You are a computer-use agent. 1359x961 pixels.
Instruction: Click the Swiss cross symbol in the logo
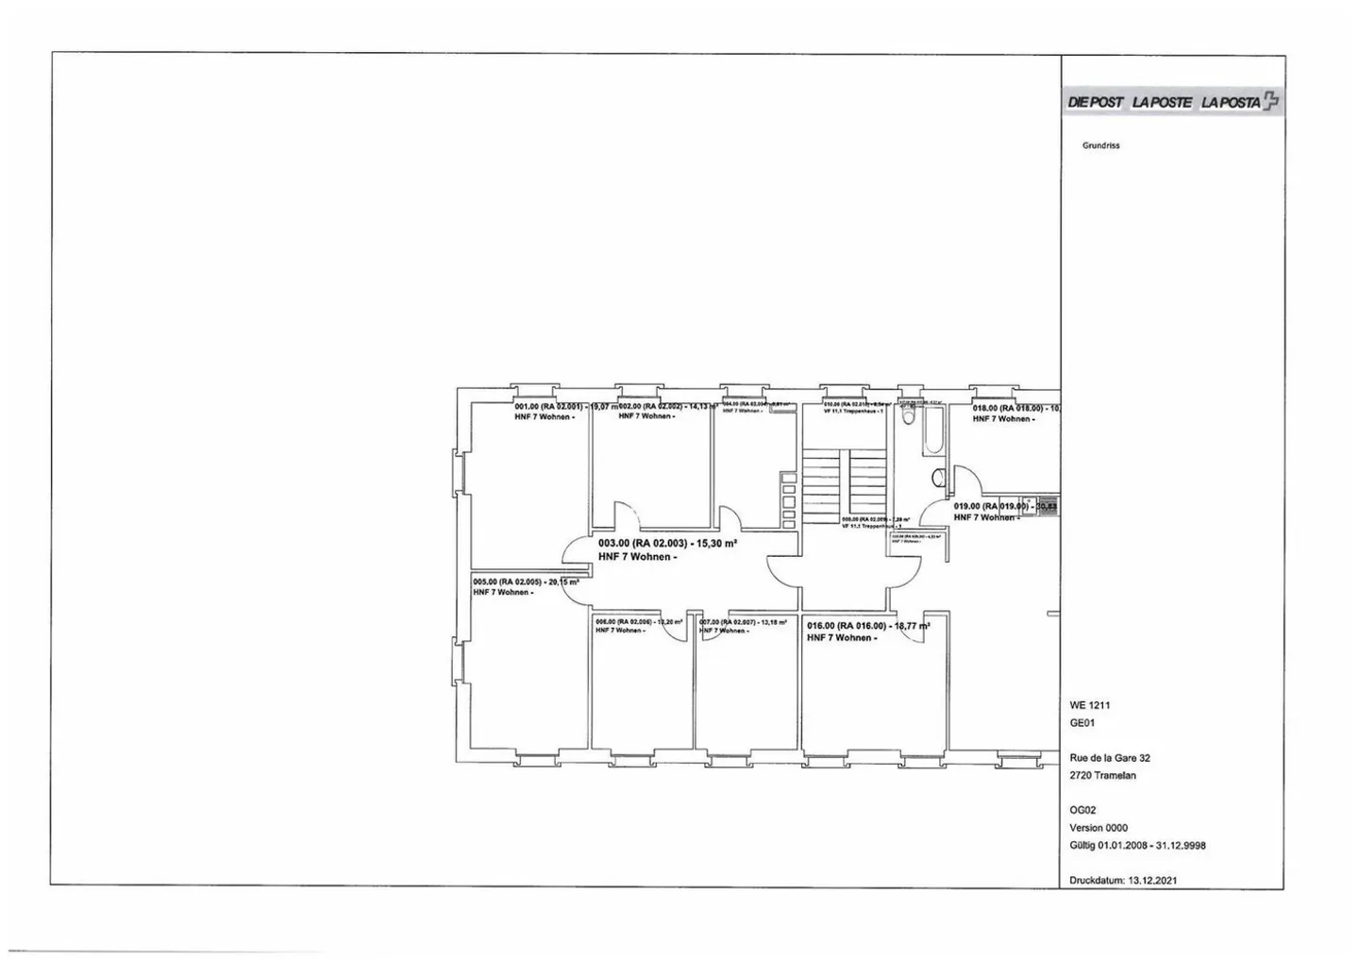pyautogui.click(x=1272, y=101)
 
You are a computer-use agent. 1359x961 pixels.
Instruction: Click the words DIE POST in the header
pyautogui.click(x=1096, y=102)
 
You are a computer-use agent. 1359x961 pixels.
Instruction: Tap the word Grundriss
pyautogui.click(x=1100, y=145)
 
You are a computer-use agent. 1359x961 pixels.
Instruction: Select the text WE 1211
pyautogui.click(x=1090, y=705)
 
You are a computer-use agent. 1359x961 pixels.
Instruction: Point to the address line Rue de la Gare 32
pyautogui.click(x=1110, y=758)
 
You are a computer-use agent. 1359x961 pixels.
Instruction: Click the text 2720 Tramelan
pyautogui.click(x=1103, y=776)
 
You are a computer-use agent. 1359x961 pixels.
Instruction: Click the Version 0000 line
pyautogui.click(x=1099, y=828)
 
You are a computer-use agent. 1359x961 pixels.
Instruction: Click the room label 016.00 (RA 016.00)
pyautogui.click(x=847, y=626)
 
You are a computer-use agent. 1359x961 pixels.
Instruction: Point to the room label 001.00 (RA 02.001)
pyautogui.click(x=548, y=407)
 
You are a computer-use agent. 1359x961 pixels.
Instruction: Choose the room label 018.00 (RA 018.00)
pyautogui.click(x=1007, y=409)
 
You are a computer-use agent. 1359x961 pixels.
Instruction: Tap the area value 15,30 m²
pyautogui.click(x=715, y=544)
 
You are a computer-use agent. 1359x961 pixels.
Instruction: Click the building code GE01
pyautogui.click(x=1082, y=724)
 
